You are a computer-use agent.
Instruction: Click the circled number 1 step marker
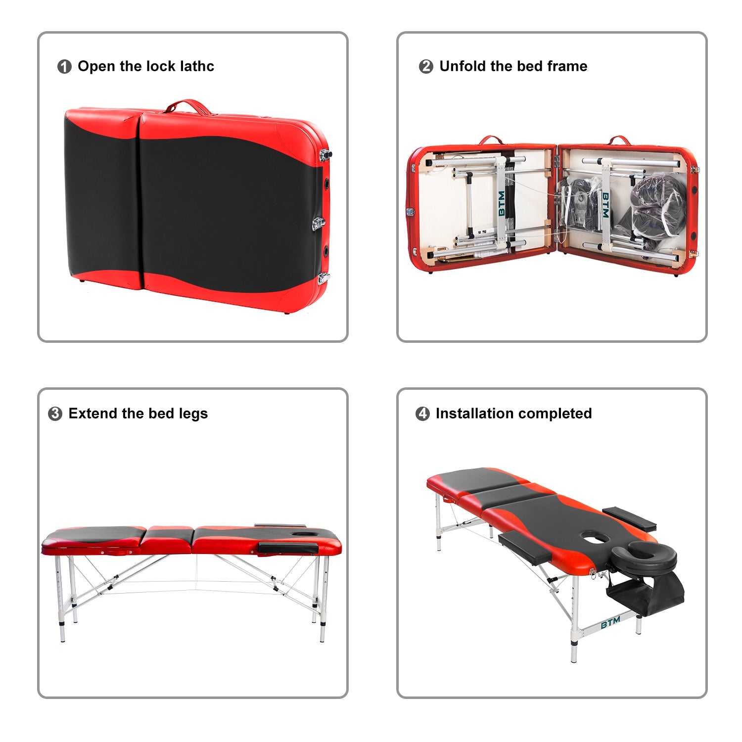(64, 67)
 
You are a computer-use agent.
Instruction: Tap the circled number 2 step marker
(425, 67)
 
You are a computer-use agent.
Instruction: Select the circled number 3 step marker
(55, 414)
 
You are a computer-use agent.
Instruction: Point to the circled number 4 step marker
(422, 414)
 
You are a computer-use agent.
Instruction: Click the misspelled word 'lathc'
(197, 66)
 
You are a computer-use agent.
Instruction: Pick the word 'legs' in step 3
(194, 414)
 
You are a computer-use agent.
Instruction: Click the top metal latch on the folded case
(325, 154)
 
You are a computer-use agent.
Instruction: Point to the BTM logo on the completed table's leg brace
(610, 623)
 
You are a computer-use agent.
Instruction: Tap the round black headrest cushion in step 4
(644, 556)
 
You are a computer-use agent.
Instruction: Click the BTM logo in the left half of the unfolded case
(502, 203)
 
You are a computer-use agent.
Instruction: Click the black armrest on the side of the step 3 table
(288, 548)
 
